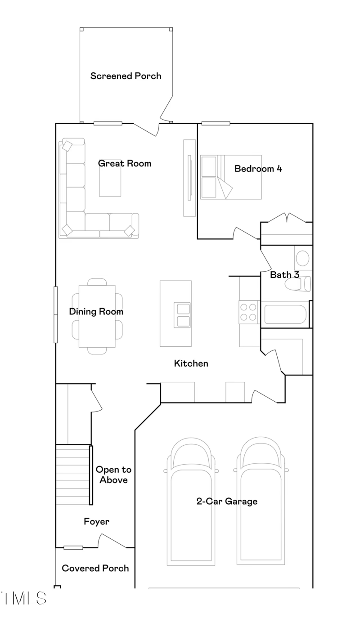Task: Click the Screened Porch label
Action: [126, 76]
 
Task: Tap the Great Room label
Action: [125, 163]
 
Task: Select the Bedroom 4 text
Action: [258, 169]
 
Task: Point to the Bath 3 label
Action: [285, 274]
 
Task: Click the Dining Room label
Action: [96, 312]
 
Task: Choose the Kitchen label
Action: [191, 363]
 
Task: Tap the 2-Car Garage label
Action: [227, 501]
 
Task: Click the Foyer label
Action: [97, 521]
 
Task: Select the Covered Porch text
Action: [95, 568]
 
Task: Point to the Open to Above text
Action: [113, 475]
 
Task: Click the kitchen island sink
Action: [182, 315]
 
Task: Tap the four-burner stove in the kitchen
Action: [248, 312]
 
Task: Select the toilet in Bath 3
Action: [297, 284]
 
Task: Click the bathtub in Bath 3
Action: [285, 314]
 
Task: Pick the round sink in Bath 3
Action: [302, 258]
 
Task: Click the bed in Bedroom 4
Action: [231, 177]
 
